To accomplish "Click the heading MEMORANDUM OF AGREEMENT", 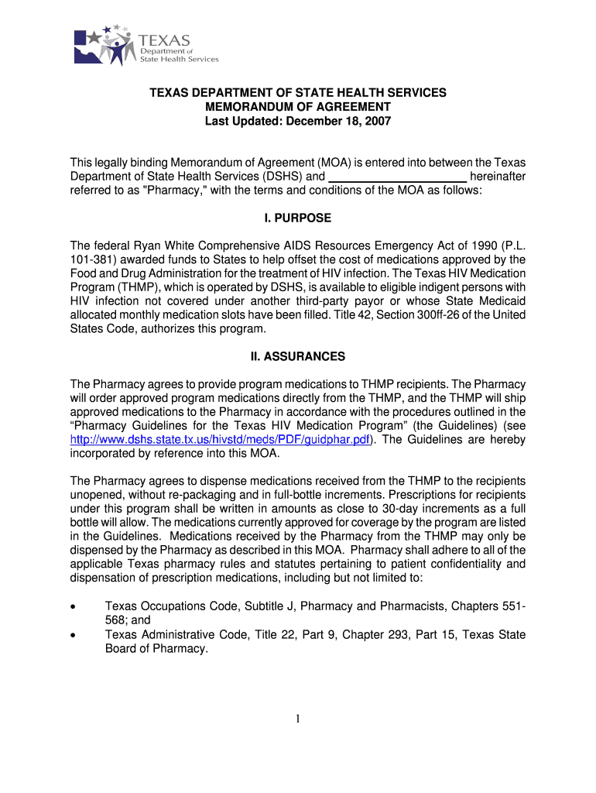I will pos(298,107).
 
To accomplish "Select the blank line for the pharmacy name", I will pos(398,177).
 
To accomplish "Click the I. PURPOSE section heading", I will pos(298,218).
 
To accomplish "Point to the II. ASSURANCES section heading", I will pos(298,357).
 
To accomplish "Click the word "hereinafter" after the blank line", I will pos(498,177).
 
